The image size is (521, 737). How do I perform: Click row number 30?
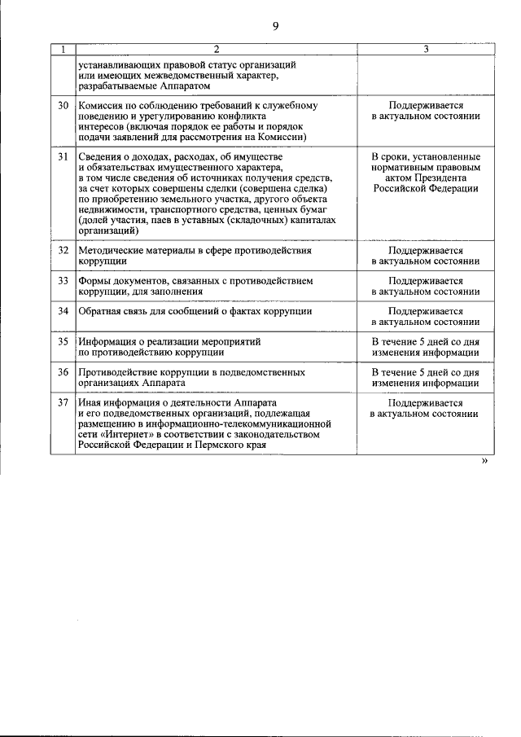[x=63, y=106]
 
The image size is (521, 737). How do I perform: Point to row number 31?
[x=63, y=156]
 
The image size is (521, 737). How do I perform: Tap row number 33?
[x=63, y=281]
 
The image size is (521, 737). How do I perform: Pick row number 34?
[x=63, y=311]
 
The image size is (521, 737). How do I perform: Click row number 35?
[x=63, y=342]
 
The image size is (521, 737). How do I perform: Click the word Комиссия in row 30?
[x=103, y=106]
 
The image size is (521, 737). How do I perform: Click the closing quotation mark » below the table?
[x=485, y=461]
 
